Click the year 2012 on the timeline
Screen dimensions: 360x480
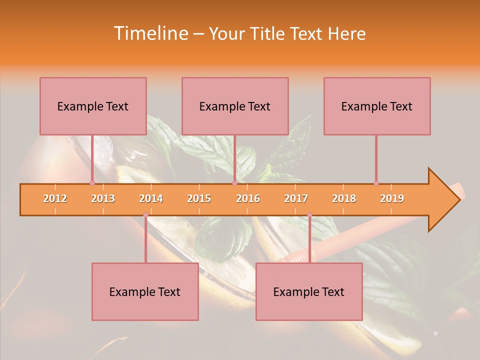pyautogui.click(x=55, y=198)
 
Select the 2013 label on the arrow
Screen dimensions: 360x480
pyautogui.click(x=103, y=198)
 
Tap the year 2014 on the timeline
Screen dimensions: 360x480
pyautogui.click(x=151, y=198)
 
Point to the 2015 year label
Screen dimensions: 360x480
pyautogui.click(x=199, y=198)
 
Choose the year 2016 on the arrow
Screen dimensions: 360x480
pyautogui.click(x=248, y=198)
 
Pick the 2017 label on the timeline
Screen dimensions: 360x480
pyautogui.click(x=296, y=198)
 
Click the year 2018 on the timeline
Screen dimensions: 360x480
pyautogui.click(x=344, y=198)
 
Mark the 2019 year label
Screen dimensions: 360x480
pyautogui.click(x=392, y=198)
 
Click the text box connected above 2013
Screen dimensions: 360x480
pyautogui.click(x=93, y=106)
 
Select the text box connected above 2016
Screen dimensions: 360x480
pyautogui.click(x=235, y=106)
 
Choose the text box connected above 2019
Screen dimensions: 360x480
pyautogui.click(x=377, y=106)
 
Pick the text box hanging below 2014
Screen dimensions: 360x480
pyautogui.click(x=145, y=291)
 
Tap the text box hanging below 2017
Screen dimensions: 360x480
pyautogui.click(x=309, y=291)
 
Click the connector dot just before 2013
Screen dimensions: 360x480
pyautogui.click(x=92, y=183)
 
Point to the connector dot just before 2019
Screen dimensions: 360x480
pyautogui.click(x=376, y=183)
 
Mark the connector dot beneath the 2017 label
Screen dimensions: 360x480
pyautogui.click(x=309, y=215)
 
